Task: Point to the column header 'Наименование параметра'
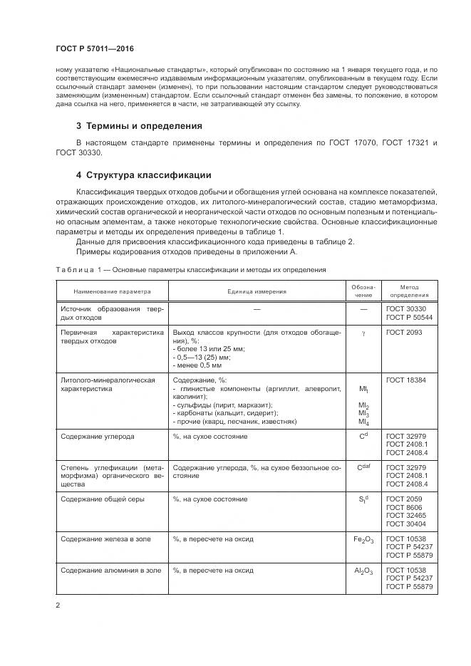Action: point(111,291)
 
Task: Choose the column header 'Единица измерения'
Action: point(257,291)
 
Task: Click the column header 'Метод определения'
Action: point(410,291)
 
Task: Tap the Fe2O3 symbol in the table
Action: point(363,540)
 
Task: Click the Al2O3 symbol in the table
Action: point(363,571)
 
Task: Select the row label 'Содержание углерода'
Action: point(98,436)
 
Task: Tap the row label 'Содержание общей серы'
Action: point(103,499)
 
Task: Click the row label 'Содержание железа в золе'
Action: point(107,539)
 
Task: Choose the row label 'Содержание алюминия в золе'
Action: point(110,571)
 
